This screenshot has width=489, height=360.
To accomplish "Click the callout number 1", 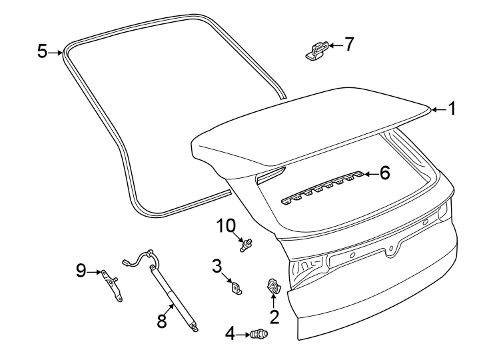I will click(x=452, y=109).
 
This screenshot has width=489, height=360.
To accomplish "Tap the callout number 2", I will click(x=273, y=315).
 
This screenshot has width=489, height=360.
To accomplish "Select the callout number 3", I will click(x=217, y=266).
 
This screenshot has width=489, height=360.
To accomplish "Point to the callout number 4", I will click(x=230, y=333).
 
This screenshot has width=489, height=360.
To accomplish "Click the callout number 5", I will click(x=42, y=51).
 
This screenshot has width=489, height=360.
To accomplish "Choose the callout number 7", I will click(x=348, y=45).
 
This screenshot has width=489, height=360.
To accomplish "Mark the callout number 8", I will click(x=161, y=321).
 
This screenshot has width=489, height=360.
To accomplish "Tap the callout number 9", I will click(x=81, y=271).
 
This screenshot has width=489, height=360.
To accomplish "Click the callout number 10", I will click(x=224, y=227).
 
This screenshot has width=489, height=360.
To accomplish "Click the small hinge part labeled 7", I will click(x=315, y=50).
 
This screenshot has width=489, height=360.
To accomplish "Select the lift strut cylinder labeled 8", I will click(x=173, y=296).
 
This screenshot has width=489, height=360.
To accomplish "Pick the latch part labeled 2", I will click(x=273, y=285).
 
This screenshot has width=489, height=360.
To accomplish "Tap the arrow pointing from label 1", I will click(x=437, y=109).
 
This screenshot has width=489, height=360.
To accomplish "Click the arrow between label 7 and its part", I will click(x=334, y=45).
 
